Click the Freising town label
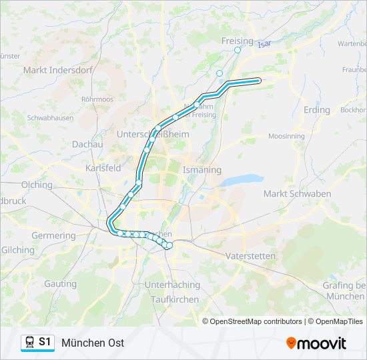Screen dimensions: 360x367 pos(237,41)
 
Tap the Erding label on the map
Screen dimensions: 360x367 pos(316,110)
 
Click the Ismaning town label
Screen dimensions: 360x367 pos(202,170)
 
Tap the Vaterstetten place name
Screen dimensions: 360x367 pos(250,256)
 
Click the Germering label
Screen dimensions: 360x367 pos(53,236)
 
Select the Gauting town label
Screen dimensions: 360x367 pos(61,283)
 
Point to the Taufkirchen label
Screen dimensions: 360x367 pos(175,299)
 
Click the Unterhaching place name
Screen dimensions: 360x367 pos(172,285)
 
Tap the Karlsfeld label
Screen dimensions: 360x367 pos(103,169)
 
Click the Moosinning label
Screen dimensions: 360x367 pos(287,136)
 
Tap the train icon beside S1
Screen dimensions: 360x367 pos(29,342)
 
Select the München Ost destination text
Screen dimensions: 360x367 pos(93,343)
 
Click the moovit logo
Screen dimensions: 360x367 pos(316,343)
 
